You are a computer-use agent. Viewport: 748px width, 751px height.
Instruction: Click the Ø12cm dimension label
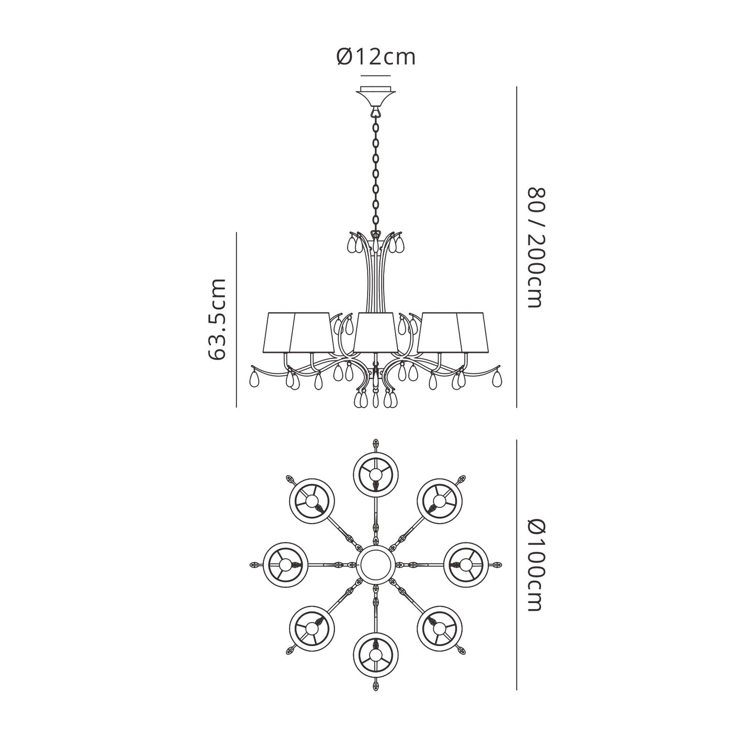[375, 58]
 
